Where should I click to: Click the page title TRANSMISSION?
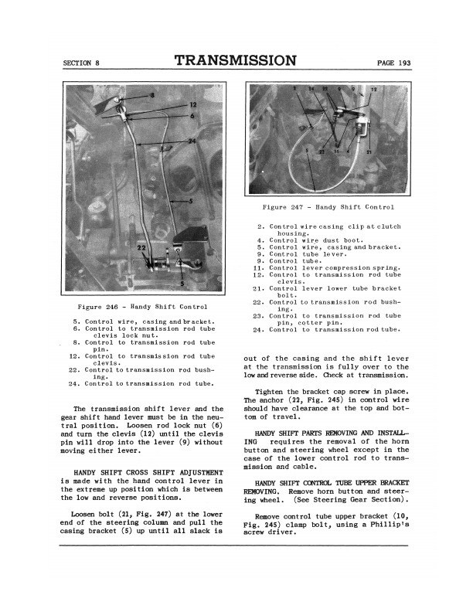236,61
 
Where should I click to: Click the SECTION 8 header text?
82,63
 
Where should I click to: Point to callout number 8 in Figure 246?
152,95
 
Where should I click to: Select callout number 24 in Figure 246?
191,140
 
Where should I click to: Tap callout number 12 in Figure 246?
192,104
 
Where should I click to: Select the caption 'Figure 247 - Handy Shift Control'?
328,207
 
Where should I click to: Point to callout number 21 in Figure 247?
369,152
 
